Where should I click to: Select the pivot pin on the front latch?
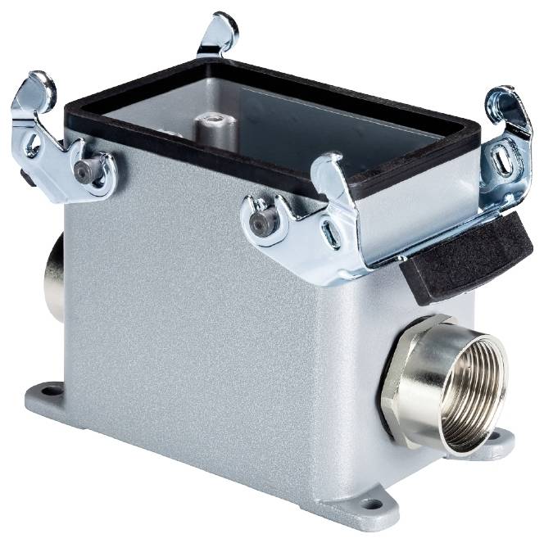pos(261,224)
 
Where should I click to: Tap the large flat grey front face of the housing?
pos(205,328)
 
